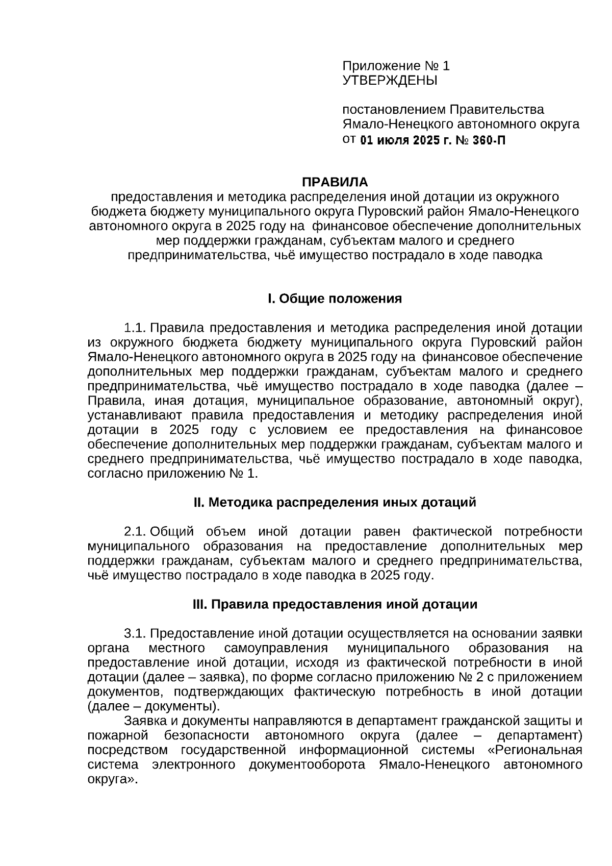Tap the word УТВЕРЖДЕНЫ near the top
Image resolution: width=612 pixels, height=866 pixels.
(390, 80)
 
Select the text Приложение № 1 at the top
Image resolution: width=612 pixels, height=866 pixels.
(396, 66)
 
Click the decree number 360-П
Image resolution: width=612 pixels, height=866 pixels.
(489, 140)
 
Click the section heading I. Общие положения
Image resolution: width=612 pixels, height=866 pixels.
(335, 299)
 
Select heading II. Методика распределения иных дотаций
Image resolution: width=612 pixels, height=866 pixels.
(335, 502)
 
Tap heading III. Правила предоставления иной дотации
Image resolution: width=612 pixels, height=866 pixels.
(335, 604)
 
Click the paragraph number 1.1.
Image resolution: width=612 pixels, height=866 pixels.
(136, 327)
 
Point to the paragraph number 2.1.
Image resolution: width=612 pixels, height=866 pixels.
(136, 531)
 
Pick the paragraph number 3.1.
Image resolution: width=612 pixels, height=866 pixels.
(136, 633)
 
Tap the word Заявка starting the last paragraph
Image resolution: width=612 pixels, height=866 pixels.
(144, 721)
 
